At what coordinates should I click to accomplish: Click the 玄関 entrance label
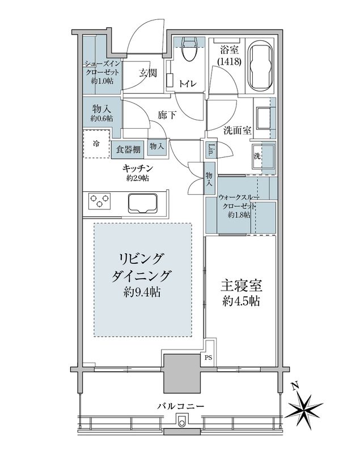coord(149,73)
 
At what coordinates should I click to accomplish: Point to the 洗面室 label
coord(237,129)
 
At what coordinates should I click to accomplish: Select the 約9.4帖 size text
coord(143,293)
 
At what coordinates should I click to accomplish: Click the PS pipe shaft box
coord(209,358)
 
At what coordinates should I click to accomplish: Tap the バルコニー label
coord(181,406)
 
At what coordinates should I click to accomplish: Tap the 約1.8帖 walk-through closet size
coord(240,215)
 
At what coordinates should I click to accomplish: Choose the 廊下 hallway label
coord(166,114)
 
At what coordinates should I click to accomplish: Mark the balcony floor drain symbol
coord(182,422)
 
